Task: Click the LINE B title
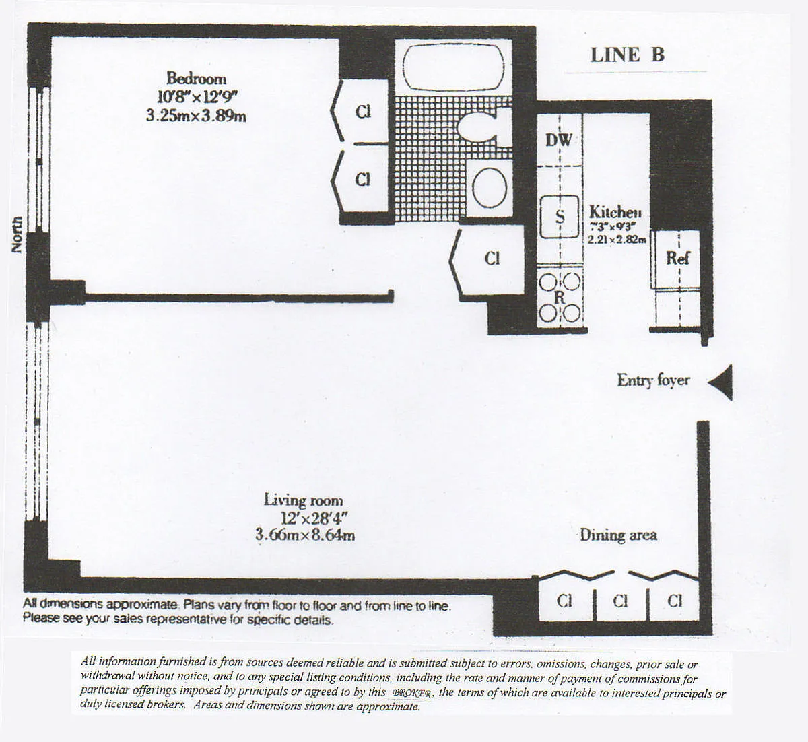point(627,55)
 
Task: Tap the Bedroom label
point(196,78)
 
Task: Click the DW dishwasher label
point(558,140)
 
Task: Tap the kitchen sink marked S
point(560,217)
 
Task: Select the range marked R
point(560,297)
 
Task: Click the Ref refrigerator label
point(677,257)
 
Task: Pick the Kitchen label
point(615,211)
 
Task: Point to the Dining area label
point(618,535)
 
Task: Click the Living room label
point(303,501)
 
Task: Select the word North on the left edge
point(17,235)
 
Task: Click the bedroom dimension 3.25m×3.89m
point(196,116)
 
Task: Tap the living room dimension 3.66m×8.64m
point(304,536)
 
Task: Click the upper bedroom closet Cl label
point(363,112)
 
